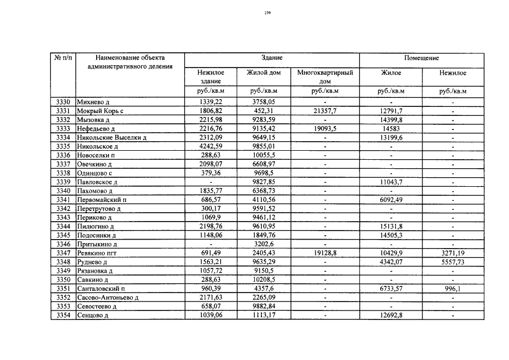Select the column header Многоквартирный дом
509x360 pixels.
(x=325, y=76)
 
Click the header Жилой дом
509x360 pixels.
(x=264, y=73)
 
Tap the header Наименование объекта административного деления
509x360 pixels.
(x=129, y=62)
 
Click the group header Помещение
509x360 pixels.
(x=421, y=58)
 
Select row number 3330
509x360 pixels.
(x=63, y=102)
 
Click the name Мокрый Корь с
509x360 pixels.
(x=100, y=111)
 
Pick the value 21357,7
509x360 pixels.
(x=325, y=111)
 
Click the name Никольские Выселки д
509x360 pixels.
(x=111, y=138)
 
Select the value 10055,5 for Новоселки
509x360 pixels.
(x=264, y=155)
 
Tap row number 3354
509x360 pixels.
(x=63, y=316)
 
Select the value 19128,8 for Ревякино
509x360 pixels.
(x=325, y=254)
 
